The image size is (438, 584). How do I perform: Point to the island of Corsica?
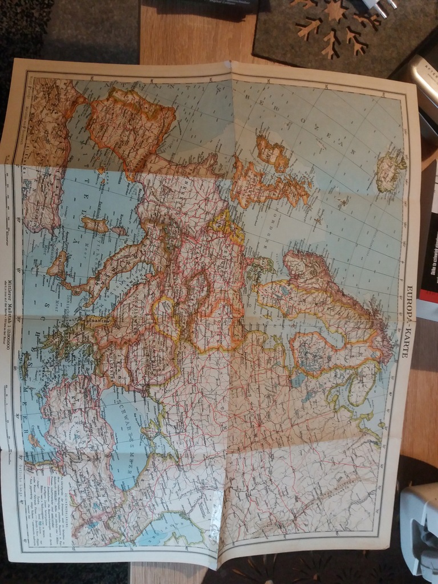[119, 230]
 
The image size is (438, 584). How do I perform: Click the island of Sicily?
[58, 265]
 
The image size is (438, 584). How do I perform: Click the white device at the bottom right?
[419, 530]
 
